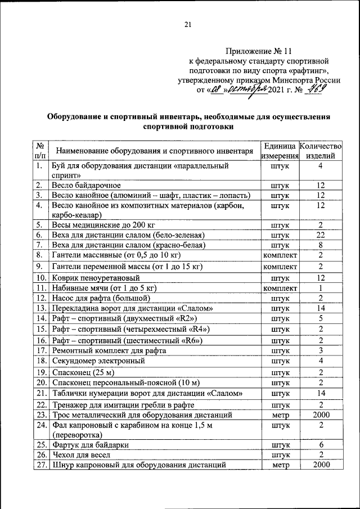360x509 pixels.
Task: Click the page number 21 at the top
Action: click(188, 24)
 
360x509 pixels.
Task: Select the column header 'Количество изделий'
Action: click(320, 150)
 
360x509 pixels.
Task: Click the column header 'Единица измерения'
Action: click(280, 150)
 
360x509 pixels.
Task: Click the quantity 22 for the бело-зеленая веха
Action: click(320, 235)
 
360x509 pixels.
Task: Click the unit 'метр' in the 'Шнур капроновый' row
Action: click(280, 465)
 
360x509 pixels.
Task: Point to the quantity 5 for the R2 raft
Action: click(320, 318)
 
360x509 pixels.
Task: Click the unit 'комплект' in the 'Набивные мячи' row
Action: click(280, 287)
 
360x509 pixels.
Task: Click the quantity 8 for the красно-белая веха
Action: click(320, 245)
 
